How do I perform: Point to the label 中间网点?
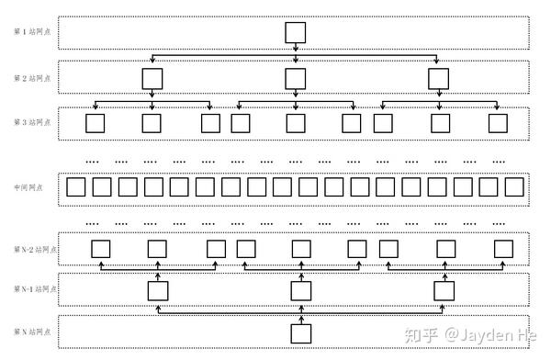point(28,187)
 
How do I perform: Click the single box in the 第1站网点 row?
point(295,33)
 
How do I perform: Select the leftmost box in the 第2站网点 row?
point(152,78)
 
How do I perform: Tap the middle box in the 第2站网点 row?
point(295,78)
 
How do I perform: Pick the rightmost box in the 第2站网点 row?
point(439,78)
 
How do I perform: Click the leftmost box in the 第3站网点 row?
point(95,122)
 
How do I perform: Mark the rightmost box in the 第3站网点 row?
point(497,122)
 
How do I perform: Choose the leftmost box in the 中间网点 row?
point(76,187)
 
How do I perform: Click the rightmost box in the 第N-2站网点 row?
point(503,248)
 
